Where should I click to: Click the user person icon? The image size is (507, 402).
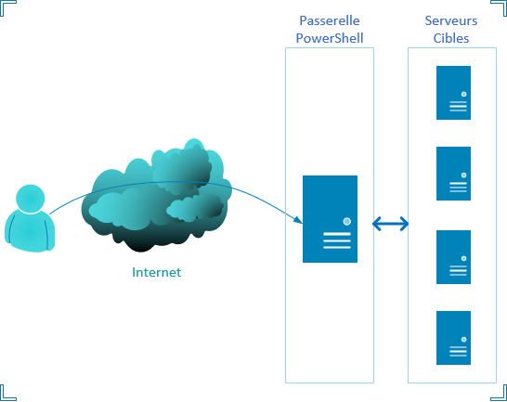(x=30, y=220)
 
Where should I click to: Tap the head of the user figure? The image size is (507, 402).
(x=31, y=198)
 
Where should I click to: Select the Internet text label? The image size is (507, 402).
(x=157, y=273)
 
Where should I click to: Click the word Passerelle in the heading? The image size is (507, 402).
(x=330, y=20)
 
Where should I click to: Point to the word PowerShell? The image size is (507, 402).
(x=330, y=38)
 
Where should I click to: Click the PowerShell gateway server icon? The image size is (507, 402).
(x=330, y=219)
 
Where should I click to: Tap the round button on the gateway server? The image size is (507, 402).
(x=346, y=221)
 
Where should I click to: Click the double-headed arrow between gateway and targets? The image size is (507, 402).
(x=391, y=224)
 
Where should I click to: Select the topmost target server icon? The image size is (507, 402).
(x=453, y=92)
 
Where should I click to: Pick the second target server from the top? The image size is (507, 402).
(x=453, y=174)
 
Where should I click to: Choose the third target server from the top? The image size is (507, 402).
(x=453, y=257)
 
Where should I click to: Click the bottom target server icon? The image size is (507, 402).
(x=453, y=338)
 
